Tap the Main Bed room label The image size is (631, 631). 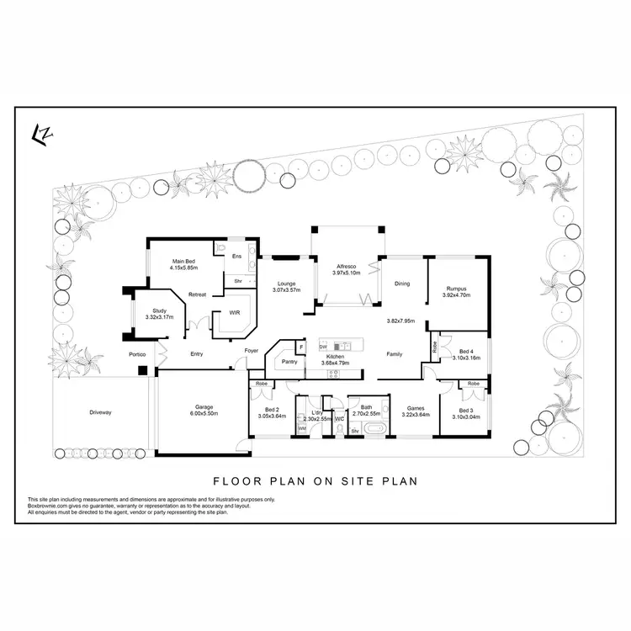coord(183,260)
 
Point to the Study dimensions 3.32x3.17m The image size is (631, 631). coord(159,317)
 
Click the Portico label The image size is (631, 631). coord(138,354)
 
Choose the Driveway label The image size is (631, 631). coord(100,412)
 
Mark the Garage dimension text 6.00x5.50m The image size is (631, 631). coord(203,413)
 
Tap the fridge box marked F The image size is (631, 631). coord(300,347)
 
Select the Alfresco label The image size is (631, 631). coord(347,265)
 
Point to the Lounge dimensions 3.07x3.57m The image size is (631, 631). coord(286,290)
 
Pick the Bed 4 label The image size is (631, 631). coord(467,351)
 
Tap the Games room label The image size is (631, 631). coord(415,408)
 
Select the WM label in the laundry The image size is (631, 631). coord(300,428)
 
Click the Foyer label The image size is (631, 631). coord(251,350)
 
